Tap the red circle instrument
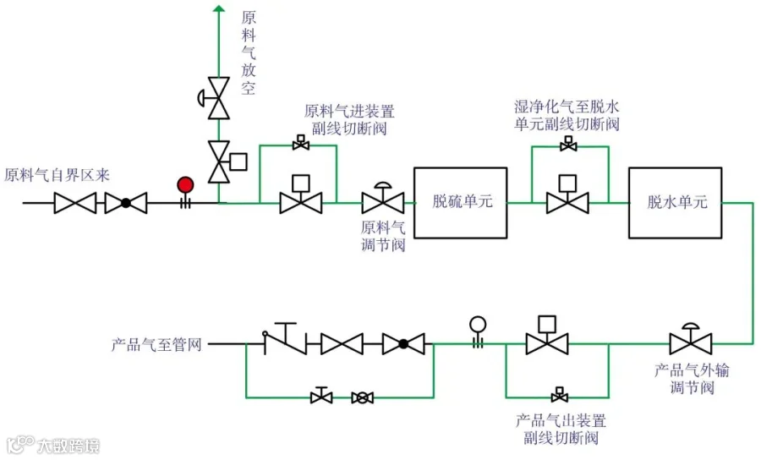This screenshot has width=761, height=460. click(x=185, y=185)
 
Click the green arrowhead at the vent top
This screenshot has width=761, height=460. click(x=219, y=8)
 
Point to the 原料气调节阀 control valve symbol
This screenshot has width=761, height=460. click(x=383, y=198)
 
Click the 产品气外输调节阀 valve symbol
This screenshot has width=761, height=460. click(x=691, y=339)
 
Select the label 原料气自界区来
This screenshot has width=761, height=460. click(x=57, y=175)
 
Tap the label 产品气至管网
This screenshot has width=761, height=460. click(x=156, y=344)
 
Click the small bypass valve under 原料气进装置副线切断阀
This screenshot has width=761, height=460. click(x=301, y=143)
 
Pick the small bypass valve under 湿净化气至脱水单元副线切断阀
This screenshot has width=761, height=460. click(x=568, y=144)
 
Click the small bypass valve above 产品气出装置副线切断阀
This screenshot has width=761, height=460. click(x=560, y=395)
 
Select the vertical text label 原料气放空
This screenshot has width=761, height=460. click(x=248, y=53)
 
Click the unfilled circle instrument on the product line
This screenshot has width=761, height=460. click(x=478, y=325)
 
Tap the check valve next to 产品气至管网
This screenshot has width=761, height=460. click(x=286, y=338)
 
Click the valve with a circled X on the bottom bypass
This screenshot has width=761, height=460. click(x=362, y=398)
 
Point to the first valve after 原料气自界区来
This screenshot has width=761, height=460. click(x=74, y=203)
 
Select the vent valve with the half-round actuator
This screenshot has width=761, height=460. click(x=216, y=98)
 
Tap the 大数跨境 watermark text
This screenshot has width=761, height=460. click(x=68, y=446)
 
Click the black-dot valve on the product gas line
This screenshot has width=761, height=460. click(x=403, y=344)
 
